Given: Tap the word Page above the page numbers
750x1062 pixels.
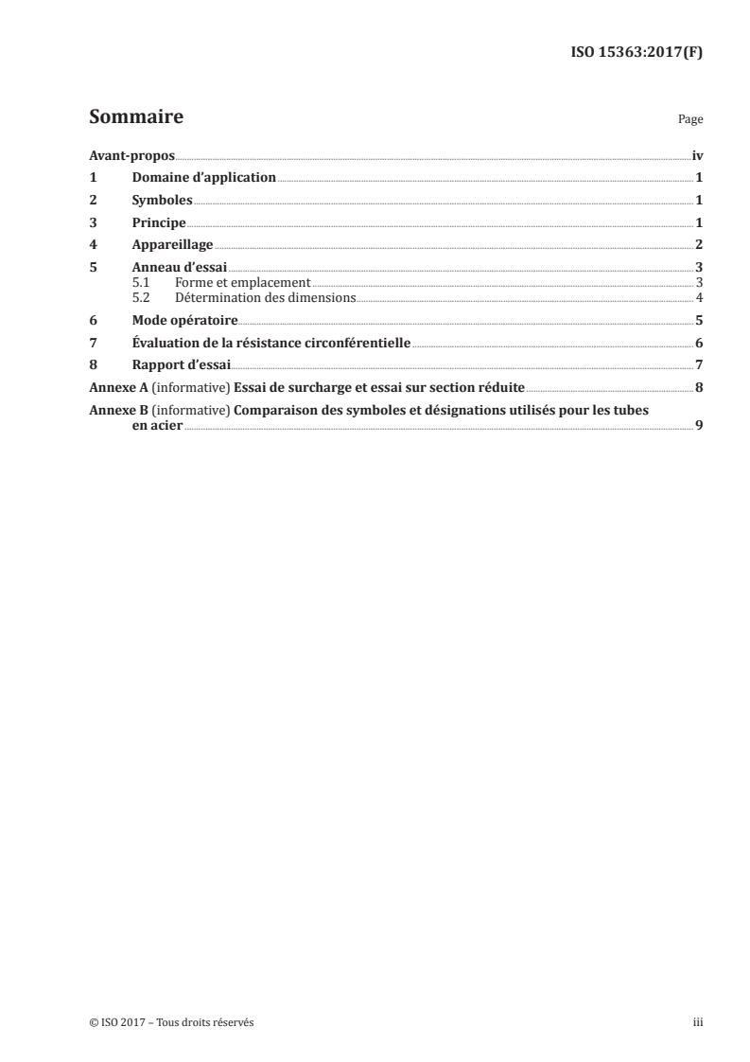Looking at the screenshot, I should pos(690,120).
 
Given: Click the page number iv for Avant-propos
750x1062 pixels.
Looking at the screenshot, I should pos(697,155).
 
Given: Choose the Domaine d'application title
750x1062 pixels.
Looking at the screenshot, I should pos(203,178).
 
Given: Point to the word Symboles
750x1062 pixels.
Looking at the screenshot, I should pos(162,201).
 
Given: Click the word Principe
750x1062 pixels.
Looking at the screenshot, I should pos(158,223).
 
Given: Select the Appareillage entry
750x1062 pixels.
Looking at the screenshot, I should pos(172,246).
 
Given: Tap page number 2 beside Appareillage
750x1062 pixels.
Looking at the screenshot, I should pos(698,246).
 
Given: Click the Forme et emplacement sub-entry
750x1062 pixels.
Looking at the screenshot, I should pos(242,283).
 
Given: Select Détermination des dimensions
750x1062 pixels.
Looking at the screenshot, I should pos(265,296).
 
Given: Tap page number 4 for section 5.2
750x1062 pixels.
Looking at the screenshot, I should pos(698,296).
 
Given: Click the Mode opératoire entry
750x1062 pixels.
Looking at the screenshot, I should pos(184,320).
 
